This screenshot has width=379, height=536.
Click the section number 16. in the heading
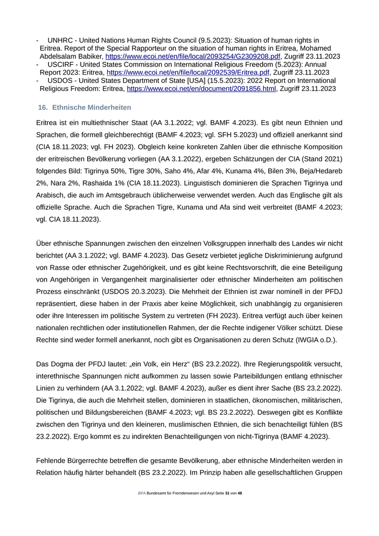pyautogui.click(x=43, y=108)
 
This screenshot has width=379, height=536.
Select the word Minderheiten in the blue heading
pyautogui.click(x=108, y=108)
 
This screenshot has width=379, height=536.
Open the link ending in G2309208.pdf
pyautogui.click(x=193, y=56)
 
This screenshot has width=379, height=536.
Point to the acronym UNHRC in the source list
pyautogui.click(x=61, y=41)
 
